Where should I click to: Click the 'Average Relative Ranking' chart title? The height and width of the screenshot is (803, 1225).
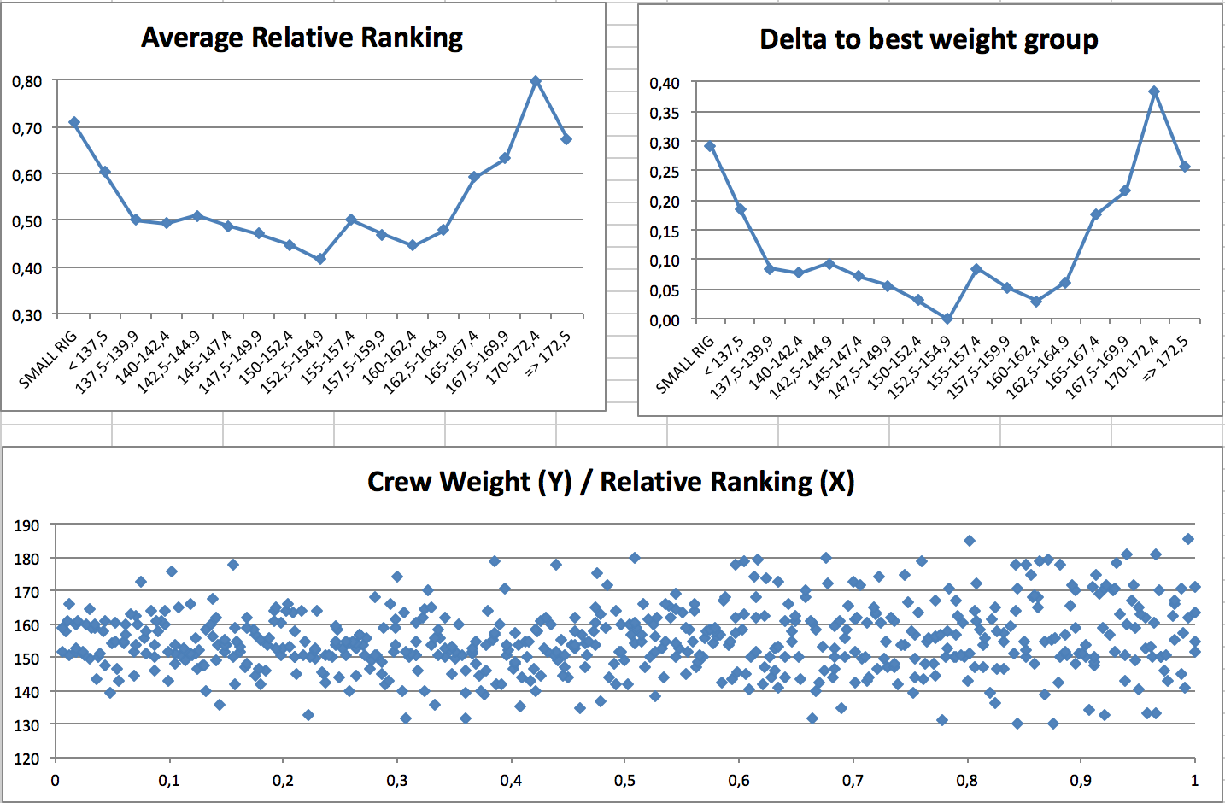point(302,38)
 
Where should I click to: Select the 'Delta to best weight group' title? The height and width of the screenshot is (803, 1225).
point(929,39)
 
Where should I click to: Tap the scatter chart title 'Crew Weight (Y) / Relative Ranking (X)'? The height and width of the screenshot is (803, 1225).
point(610,482)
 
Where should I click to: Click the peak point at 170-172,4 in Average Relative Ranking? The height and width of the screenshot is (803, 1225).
point(536,81)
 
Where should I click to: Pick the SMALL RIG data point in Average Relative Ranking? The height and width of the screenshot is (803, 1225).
point(74,122)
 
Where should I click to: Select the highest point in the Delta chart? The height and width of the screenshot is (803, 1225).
point(1154,91)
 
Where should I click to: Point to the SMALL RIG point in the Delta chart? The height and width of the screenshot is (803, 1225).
point(710,146)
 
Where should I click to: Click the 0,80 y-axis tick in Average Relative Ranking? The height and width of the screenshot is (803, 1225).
point(26,81)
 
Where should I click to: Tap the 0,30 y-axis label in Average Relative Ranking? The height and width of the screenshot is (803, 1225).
point(26,315)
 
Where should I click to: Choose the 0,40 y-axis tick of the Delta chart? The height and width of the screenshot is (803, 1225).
point(665,83)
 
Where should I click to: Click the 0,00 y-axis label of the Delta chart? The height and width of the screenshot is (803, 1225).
point(665,320)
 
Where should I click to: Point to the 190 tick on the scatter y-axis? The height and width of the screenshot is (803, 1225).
point(26,525)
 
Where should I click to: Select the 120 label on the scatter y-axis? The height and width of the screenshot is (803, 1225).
point(26,758)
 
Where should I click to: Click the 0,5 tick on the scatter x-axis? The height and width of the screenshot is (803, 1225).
point(624,780)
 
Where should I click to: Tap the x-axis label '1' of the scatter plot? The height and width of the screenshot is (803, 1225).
point(1194,780)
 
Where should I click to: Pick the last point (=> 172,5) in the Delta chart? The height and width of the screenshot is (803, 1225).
point(1184,167)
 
